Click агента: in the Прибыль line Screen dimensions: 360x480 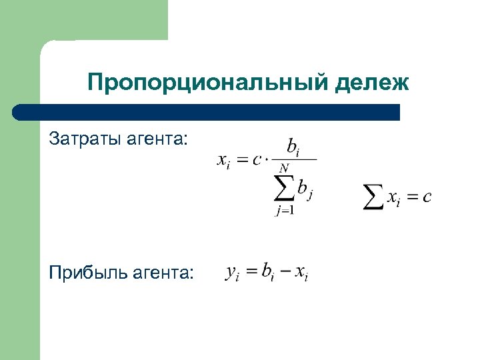click(x=167, y=273)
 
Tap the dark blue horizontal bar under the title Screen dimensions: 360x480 click(x=207, y=112)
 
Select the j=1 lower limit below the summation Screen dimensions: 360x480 click(x=285, y=211)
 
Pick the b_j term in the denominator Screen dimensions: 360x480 click(x=305, y=191)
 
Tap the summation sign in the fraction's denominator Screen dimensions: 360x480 click(x=285, y=191)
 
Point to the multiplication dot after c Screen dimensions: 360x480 click(x=264, y=160)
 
